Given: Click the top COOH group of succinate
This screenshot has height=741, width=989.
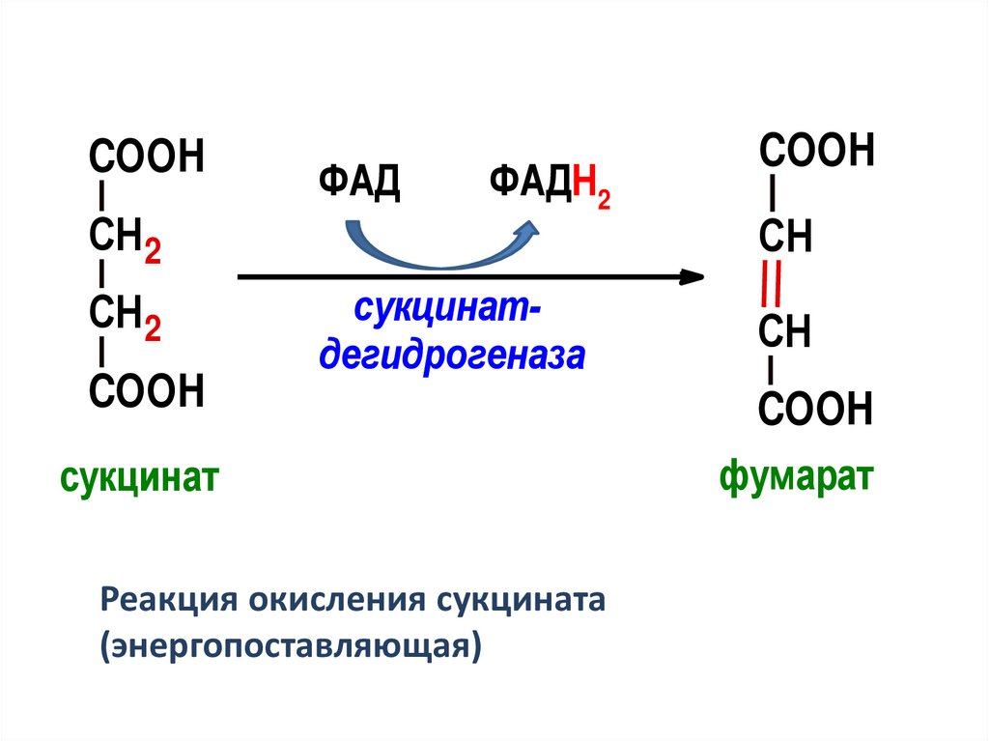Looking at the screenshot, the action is pos(147,157).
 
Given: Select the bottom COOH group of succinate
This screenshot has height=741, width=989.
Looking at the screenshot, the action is pos(147,391).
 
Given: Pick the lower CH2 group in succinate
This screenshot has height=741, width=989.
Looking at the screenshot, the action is pos(124,315).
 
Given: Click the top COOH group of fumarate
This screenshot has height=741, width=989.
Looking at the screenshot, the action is pos(817,152).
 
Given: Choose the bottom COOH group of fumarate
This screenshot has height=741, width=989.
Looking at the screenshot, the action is pos(816,410).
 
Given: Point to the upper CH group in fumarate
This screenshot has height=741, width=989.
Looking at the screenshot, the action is pos(784,237).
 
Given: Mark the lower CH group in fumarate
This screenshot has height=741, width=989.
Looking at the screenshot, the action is pos(784,332).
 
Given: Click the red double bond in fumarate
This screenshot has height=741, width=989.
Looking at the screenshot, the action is pos(772,284).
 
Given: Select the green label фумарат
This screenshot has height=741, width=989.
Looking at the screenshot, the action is pos(797,476).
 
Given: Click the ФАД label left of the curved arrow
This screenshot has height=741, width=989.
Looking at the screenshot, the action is pos(359,183).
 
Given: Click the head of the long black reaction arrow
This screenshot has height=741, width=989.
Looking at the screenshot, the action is pos(692,277).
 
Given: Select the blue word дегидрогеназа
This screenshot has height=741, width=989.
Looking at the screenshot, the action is pos(453,356).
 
